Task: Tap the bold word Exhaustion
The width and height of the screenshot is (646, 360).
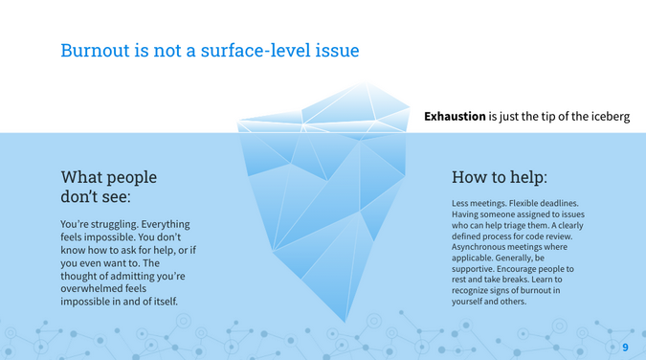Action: point(455,117)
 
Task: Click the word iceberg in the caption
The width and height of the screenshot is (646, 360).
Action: point(607,117)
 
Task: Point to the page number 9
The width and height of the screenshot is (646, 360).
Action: point(625,347)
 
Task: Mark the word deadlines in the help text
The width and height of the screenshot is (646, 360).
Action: point(561,203)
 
